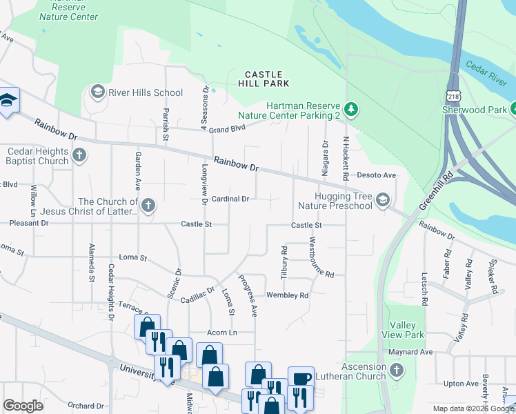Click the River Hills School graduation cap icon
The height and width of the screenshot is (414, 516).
(x=97, y=92)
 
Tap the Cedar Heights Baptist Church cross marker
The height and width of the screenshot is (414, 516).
(x=79, y=155)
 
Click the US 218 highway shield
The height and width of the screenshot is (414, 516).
(x=453, y=92)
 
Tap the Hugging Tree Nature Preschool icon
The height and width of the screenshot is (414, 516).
(x=383, y=200)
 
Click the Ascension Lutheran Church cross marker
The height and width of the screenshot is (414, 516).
(x=396, y=371)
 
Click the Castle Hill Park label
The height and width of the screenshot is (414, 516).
(x=264, y=79)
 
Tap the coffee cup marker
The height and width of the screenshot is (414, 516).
(x=301, y=378)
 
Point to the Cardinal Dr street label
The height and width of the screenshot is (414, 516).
(x=230, y=199)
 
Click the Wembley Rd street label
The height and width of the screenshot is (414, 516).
(x=287, y=295)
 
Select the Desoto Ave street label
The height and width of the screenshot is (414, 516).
(x=377, y=175)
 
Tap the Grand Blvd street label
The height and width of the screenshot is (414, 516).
(x=228, y=128)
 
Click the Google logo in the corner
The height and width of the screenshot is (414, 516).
(x=23, y=406)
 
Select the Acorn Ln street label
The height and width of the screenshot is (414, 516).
(x=222, y=333)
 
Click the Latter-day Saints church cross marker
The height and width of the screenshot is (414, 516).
(x=148, y=205)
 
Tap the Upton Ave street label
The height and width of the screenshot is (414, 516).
(x=462, y=384)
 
